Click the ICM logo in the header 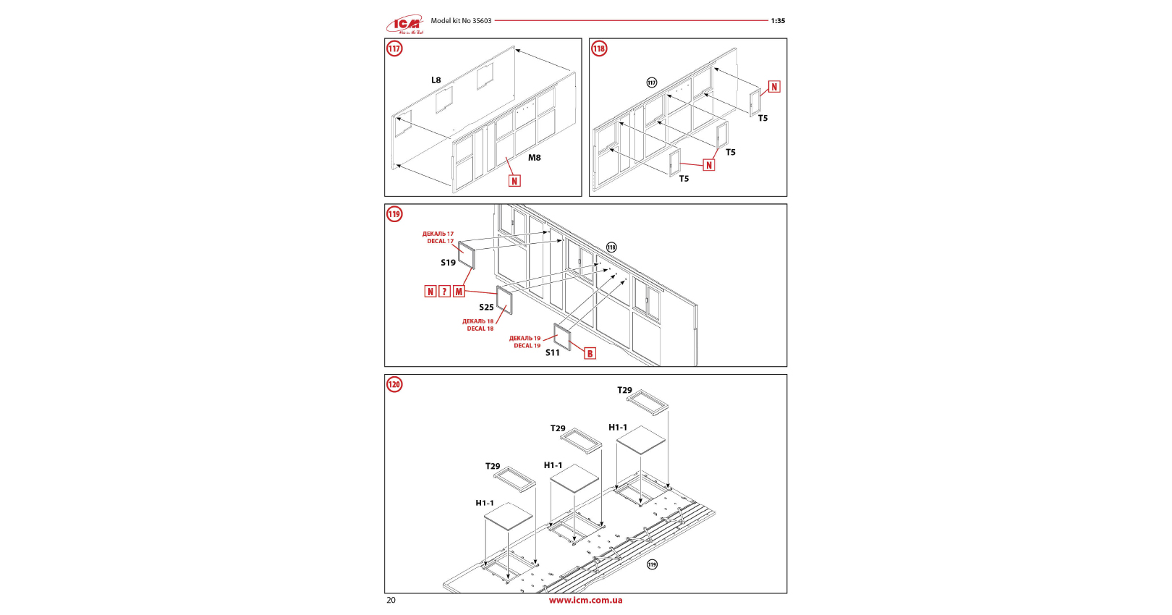coord(405,25)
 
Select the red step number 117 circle coord(394,48)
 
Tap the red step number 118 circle coord(599,48)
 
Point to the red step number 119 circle coord(394,214)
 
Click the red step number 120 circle coord(394,384)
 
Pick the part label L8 coord(436,80)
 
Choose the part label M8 coord(534,158)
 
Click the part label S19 coord(448,263)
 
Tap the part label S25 coord(486,307)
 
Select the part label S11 coord(552,352)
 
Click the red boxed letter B coord(590,354)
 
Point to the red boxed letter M coord(459,292)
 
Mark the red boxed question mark coord(444,292)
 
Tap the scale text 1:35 coord(778,21)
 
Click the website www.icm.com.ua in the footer coord(585,600)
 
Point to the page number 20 coord(391,600)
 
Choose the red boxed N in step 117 coord(514,181)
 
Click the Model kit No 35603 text coord(461,21)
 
